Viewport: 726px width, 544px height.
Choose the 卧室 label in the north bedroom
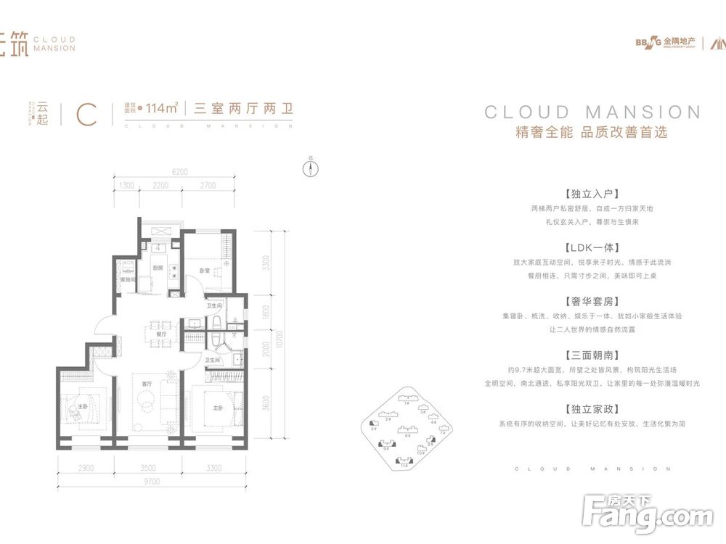pyautogui.click(x=205, y=271)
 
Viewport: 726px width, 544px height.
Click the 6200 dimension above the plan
pyautogui.click(x=180, y=172)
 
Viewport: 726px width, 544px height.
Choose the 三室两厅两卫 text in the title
pyautogui.click(x=243, y=110)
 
